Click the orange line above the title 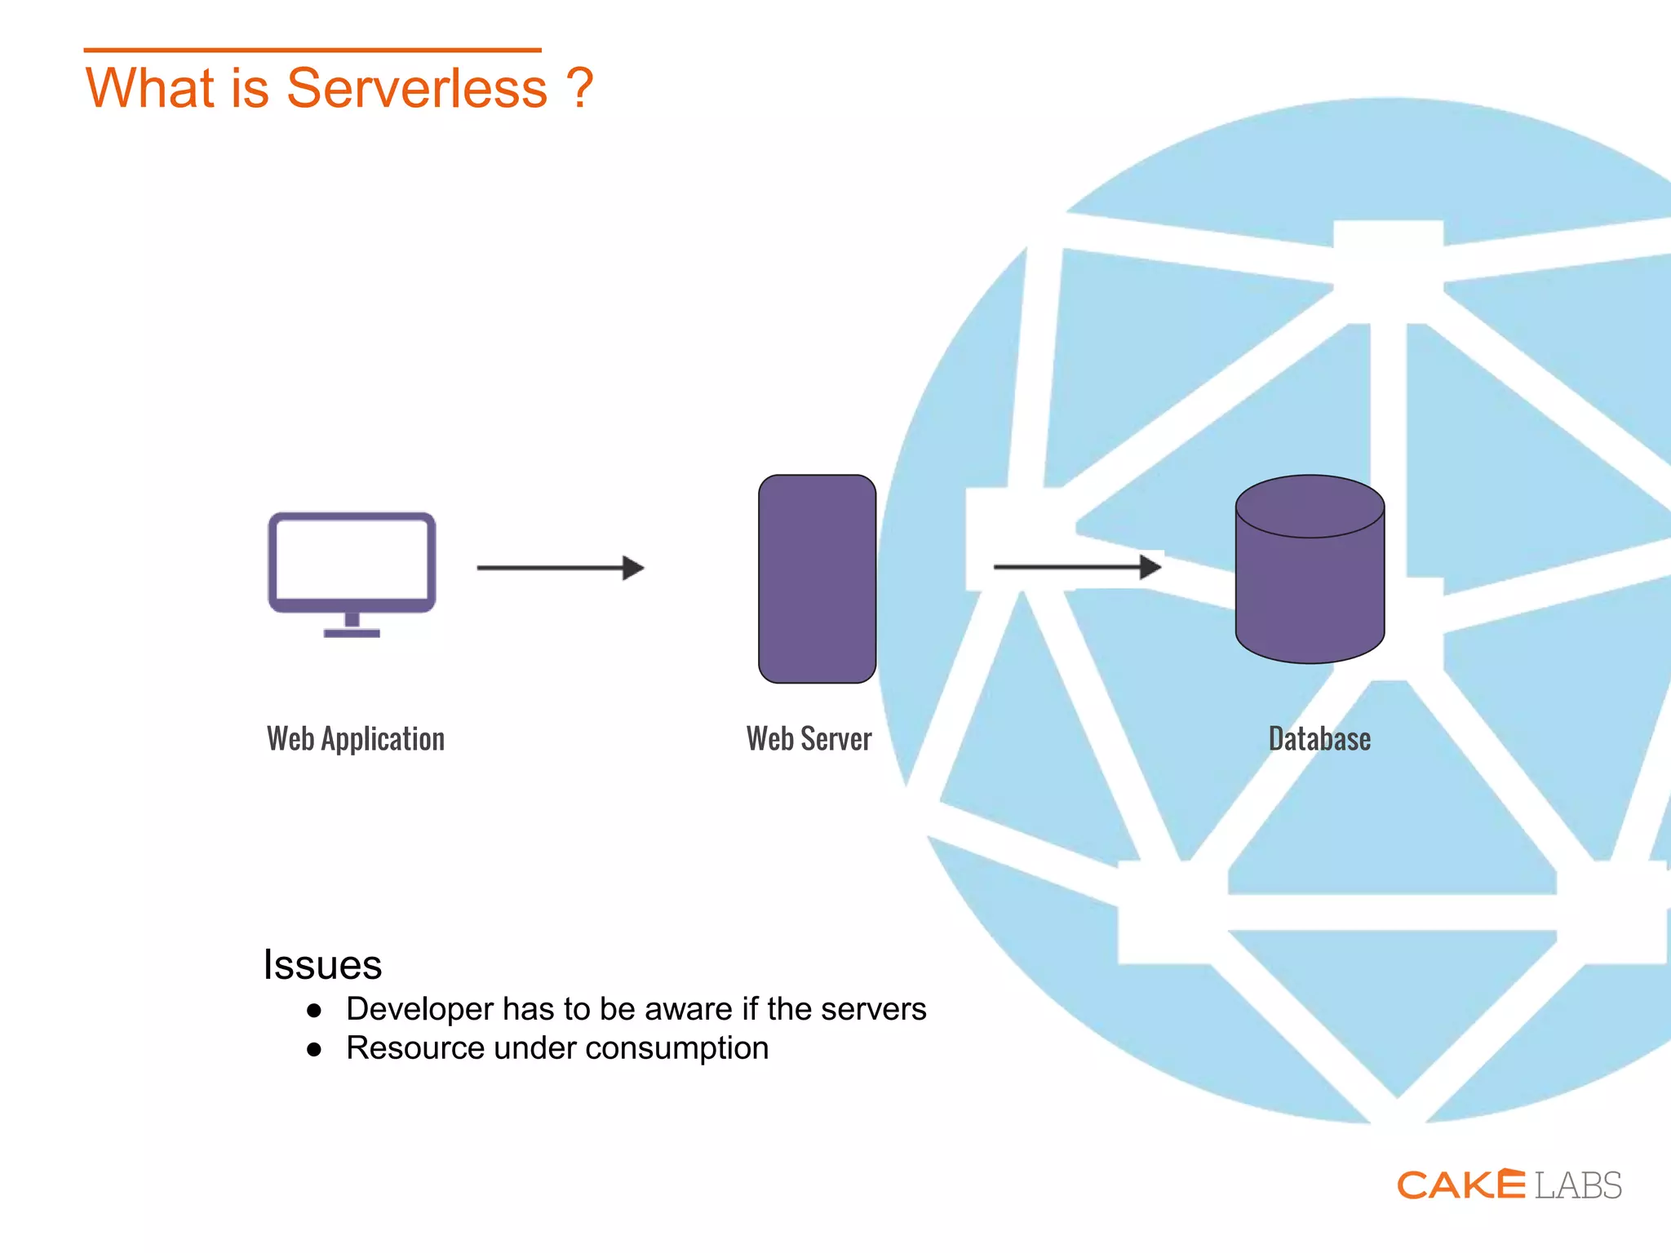tap(312, 50)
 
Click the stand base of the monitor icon tap(352, 633)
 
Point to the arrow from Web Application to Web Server tap(561, 568)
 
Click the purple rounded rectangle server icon tap(817, 579)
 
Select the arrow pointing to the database tap(1077, 566)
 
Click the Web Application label tap(356, 739)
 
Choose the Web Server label tap(809, 739)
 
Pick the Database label tap(1319, 739)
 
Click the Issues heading tap(322, 965)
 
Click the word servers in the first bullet tap(873, 1010)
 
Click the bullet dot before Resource tap(314, 1050)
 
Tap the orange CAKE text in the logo tap(1460, 1185)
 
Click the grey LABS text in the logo tap(1578, 1186)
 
